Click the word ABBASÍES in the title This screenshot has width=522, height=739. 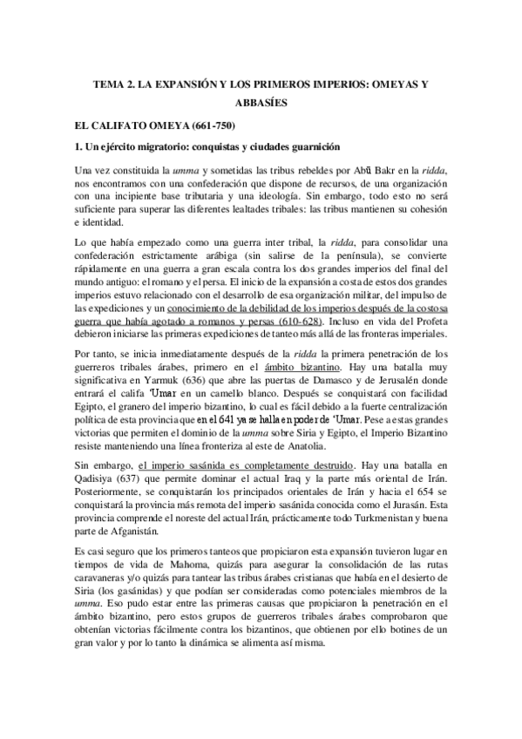point(261,103)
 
